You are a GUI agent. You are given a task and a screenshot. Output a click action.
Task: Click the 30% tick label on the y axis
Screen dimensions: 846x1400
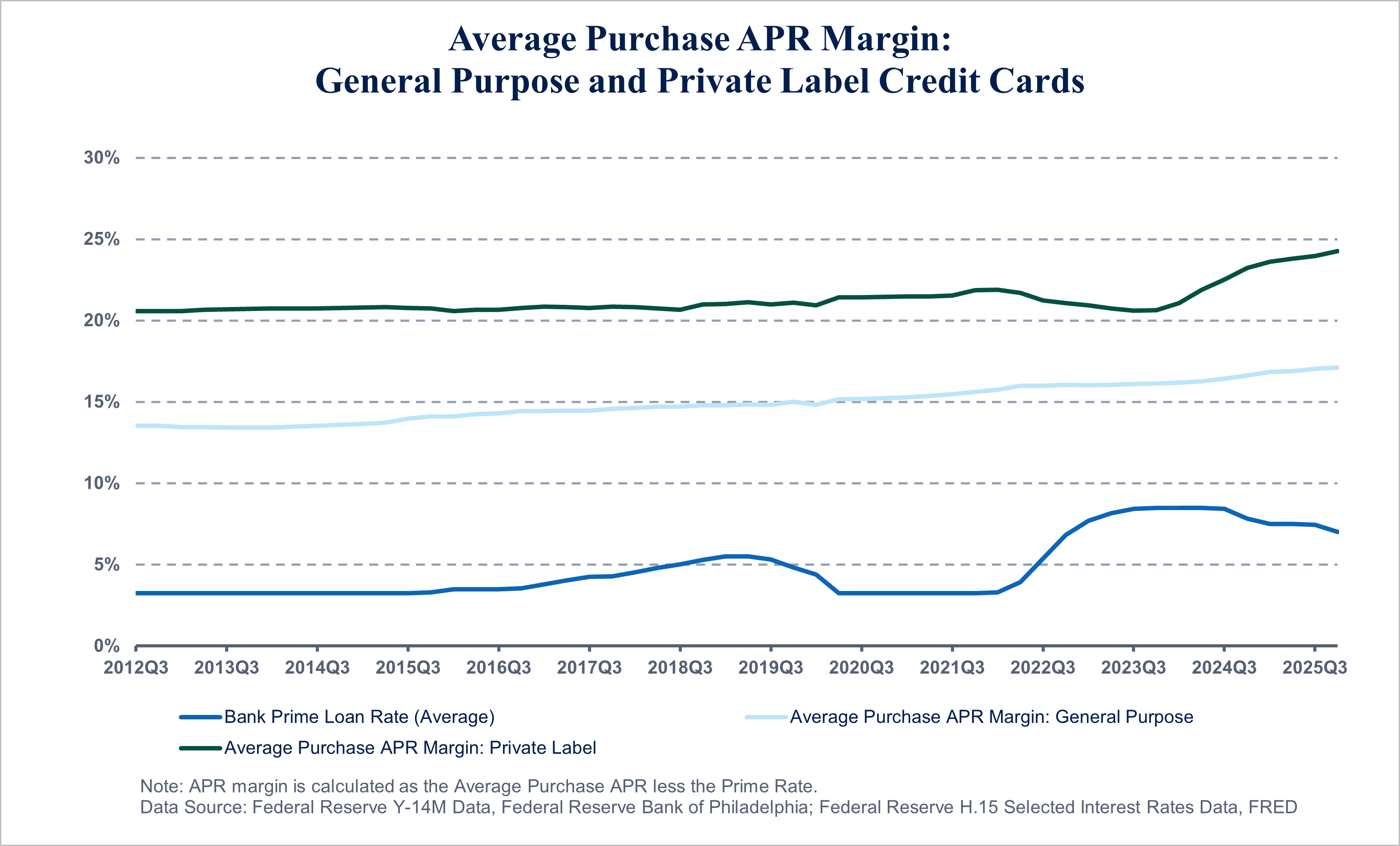tap(102, 158)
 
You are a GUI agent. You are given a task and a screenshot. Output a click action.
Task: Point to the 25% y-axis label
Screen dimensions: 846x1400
tap(102, 239)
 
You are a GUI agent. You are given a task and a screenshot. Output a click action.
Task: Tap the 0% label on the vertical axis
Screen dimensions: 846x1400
tap(106, 646)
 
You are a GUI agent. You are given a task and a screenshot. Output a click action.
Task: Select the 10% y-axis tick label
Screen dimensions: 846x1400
tap(102, 483)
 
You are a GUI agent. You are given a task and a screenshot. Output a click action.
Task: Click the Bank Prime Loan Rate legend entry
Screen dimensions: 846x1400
tap(359, 717)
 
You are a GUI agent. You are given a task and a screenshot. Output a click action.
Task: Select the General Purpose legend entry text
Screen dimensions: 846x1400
tap(991, 717)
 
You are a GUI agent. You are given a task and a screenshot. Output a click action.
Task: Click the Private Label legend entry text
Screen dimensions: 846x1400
tap(410, 748)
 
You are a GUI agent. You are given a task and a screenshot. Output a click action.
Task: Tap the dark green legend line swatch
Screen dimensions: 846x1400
tap(200, 748)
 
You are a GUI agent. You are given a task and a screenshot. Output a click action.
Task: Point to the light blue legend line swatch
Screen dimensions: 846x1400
tap(766, 718)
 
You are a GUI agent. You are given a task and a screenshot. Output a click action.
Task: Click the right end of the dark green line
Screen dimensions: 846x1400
tap(1337, 251)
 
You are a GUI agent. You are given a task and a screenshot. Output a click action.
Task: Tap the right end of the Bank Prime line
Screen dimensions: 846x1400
tap(1337, 532)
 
